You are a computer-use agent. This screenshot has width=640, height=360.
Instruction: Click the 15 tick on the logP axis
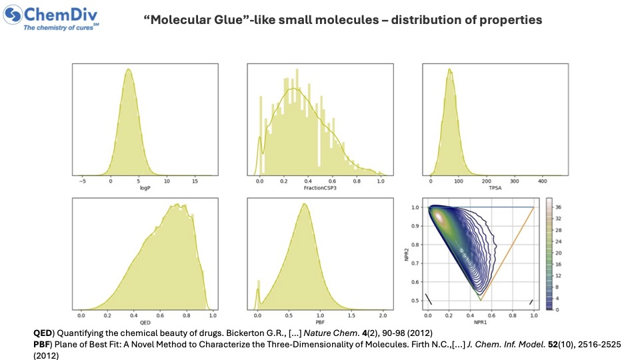pyautogui.click(x=195, y=181)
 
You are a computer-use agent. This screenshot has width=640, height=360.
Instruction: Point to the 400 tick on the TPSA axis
pyautogui.click(x=541, y=181)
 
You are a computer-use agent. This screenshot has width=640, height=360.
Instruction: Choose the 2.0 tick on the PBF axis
pyautogui.click(x=383, y=314)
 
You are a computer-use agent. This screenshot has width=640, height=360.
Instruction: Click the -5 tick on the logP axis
pyautogui.click(x=83, y=181)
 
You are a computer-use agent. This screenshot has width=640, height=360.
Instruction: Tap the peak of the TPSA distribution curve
pyautogui.click(x=450, y=69)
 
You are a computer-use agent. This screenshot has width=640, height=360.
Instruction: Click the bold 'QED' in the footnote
pyautogui.click(x=43, y=332)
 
